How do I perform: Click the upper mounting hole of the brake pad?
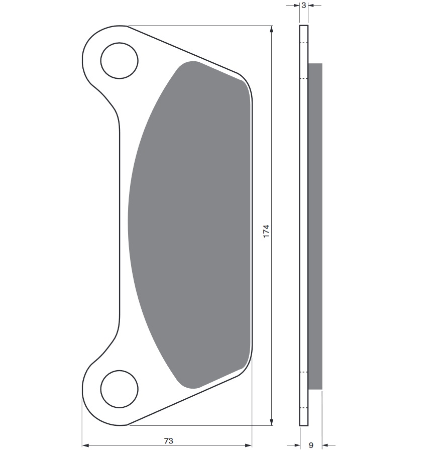pyautogui.click(x=119, y=61)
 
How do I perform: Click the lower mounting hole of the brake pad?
pyautogui.click(x=119, y=389)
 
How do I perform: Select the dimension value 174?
pyautogui.click(x=266, y=231)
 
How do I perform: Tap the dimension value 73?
pyautogui.click(x=168, y=440)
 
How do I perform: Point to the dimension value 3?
pyautogui.click(x=304, y=6)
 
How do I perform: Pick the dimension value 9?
pyautogui.click(x=311, y=445)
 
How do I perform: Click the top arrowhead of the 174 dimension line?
pyautogui.click(x=272, y=29)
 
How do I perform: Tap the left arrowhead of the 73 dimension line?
pyautogui.click(x=85, y=445)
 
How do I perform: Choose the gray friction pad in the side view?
pyautogui.click(x=315, y=226)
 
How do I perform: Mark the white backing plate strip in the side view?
pyautogui.click(x=303, y=226)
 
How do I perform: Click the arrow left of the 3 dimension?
pyautogui.click(x=296, y=6)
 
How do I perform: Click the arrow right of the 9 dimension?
pyautogui.click(x=326, y=445)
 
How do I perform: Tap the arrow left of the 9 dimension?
pyautogui.click(x=296, y=445)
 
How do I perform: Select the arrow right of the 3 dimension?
pyautogui.click(x=312, y=6)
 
